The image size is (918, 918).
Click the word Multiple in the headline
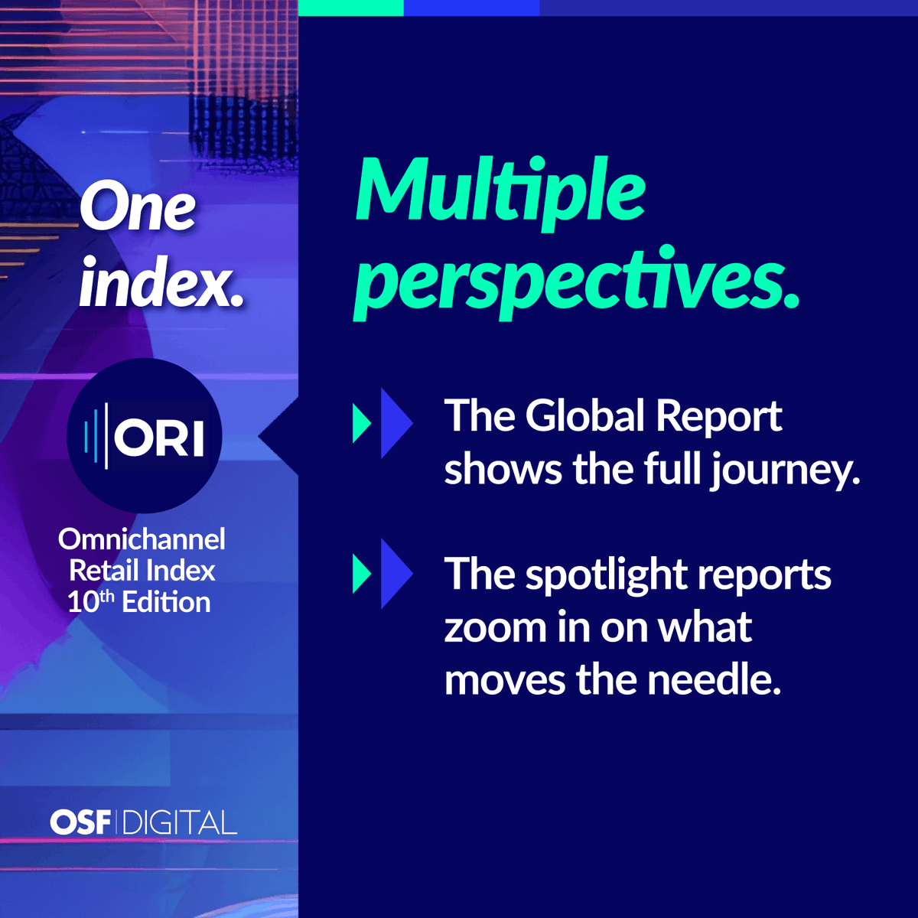coord(501,191)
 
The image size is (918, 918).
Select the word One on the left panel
coord(138,208)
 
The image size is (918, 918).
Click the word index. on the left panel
coord(161,285)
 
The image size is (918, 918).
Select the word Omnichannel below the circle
coord(142,539)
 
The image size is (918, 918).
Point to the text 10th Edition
coord(139,602)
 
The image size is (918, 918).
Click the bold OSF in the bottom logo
coord(80,822)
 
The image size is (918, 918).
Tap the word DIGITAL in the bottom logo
coord(179,823)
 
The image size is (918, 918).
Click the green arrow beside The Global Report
coord(361,423)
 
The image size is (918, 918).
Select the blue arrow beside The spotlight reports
coord(396,574)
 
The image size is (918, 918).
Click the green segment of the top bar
coord(350,8)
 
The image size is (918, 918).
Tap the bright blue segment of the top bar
coord(471,8)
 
